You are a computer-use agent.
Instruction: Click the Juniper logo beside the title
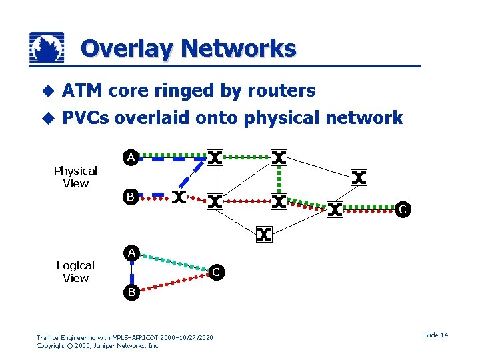(47, 48)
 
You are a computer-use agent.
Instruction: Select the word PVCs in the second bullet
(85, 118)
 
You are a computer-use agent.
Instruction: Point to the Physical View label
(75, 177)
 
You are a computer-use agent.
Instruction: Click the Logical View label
(75, 271)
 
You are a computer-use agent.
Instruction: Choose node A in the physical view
(132, 158)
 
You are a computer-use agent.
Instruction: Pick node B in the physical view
(132, 197)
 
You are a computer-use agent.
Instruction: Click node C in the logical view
(216, 271)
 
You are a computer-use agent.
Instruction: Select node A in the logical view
(132, 253)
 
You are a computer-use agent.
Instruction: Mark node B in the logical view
(132, 291)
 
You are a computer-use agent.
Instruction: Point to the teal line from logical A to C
(173, 262)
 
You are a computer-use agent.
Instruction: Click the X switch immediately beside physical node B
(179, 197)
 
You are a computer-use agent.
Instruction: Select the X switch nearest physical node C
(335, 210)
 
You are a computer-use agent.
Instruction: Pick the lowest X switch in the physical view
(264, 234)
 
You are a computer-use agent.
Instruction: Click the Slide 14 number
(435, 335)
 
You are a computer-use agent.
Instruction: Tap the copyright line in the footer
(98, 346)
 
